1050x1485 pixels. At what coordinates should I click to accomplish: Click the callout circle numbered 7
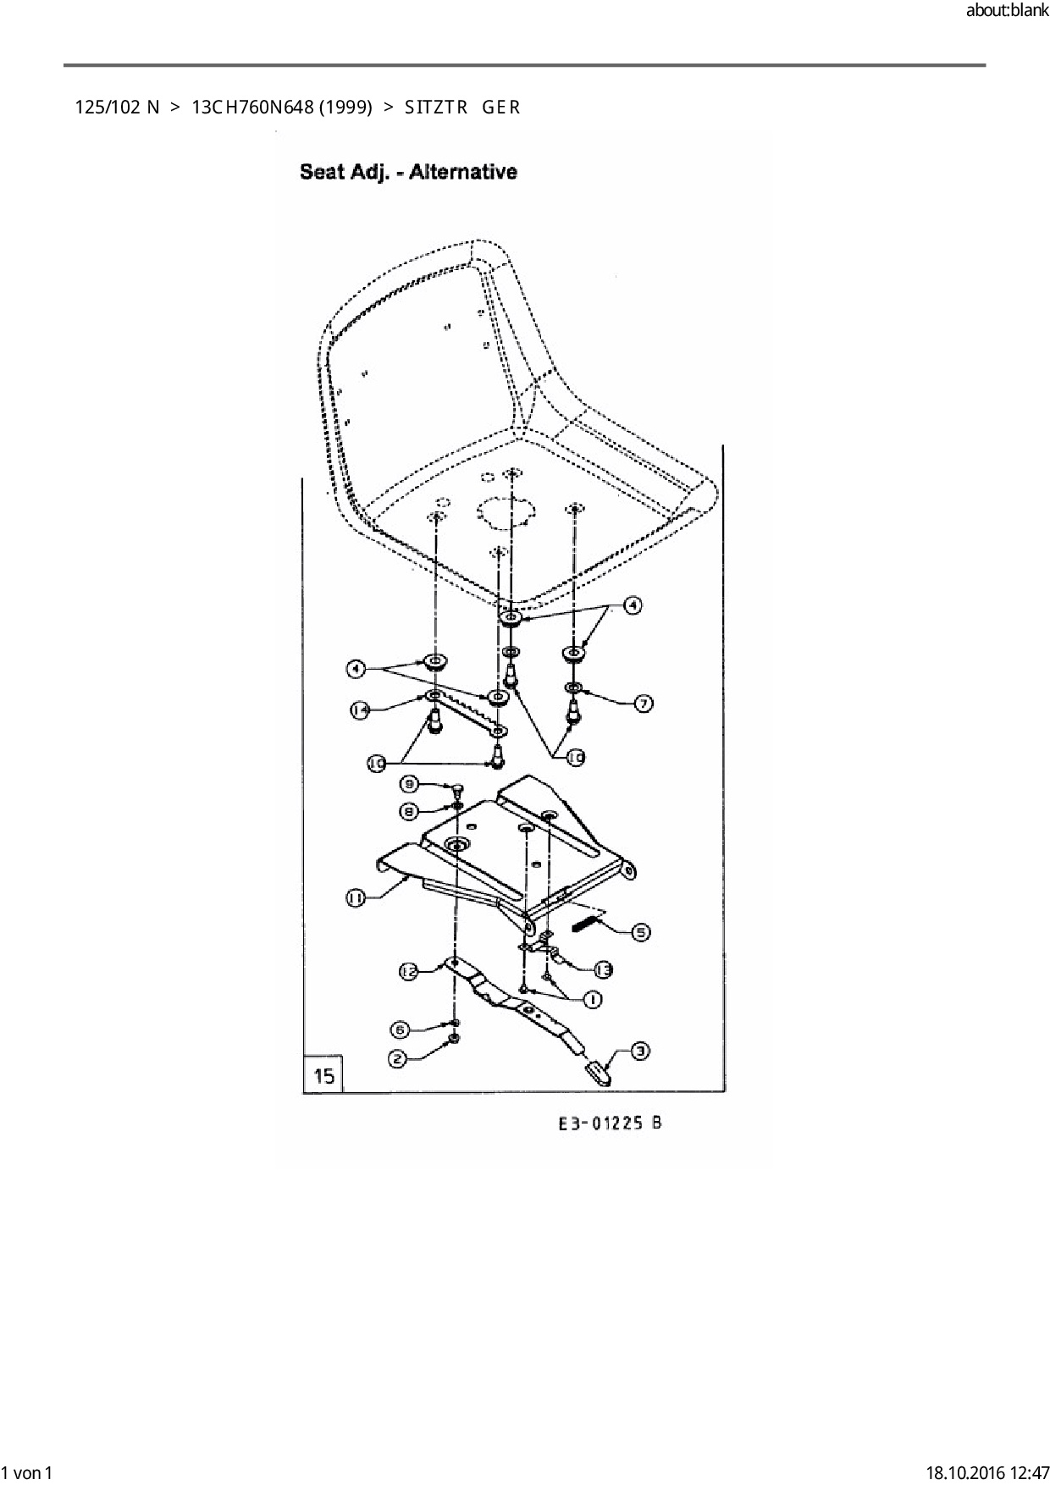pyautogui.click(x=644, y=704)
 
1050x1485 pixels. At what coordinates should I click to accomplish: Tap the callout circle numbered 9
pyautogui.click(x=408, y=784)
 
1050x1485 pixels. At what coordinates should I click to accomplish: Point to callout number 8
pyautogui.click(x=408, y=811)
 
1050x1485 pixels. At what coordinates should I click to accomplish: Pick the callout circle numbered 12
pyautogui.click(x=409, y=973)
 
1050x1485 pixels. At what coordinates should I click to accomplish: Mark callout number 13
pyautogui.click(x=603, y=970)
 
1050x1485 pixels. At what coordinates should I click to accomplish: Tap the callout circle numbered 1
pyautogui.click(x=592, y=1000)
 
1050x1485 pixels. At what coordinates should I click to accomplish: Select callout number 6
pyautogui.click(x=400, y=1030)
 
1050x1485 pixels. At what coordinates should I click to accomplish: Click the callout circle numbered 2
pyautogui.click(x=397, y=1058)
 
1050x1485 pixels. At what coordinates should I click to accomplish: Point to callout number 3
pyautogui.click(x=641, y=1051)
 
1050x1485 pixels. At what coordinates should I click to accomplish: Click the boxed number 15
pyautogui.click(x=323, y=1076)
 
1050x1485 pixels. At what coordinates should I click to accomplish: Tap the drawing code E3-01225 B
pyautogui.click(x=610, y=1123)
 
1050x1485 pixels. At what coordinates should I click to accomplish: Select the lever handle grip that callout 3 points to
pyautogui.click(x=598, y=1072)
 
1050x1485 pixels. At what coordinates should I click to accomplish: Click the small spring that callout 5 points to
pyautogui.click(x=587, y=924)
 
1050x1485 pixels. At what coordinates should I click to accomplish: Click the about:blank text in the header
pyautogui.click(x=1007, y=12)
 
